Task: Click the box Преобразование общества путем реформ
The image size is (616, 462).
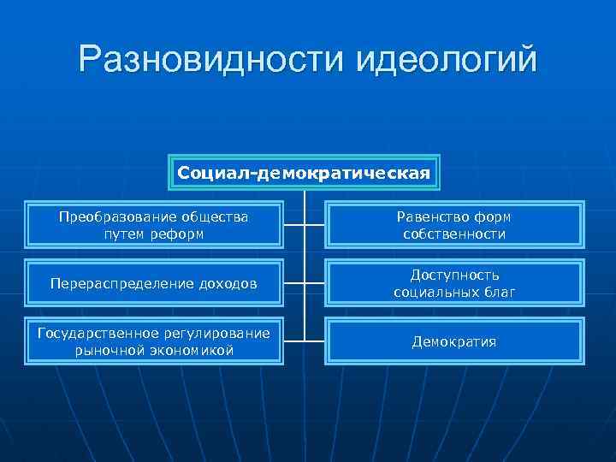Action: (154, 225)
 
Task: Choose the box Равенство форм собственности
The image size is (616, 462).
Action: (454, 225)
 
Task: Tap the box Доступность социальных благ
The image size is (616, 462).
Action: (454, 283)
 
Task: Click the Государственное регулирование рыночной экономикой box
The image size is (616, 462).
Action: (154, 341)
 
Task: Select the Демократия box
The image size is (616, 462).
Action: (454, 341)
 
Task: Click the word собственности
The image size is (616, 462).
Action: (454, 234)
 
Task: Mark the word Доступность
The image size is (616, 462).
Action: (454, 275)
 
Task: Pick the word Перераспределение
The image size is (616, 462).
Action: (120, 283)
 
